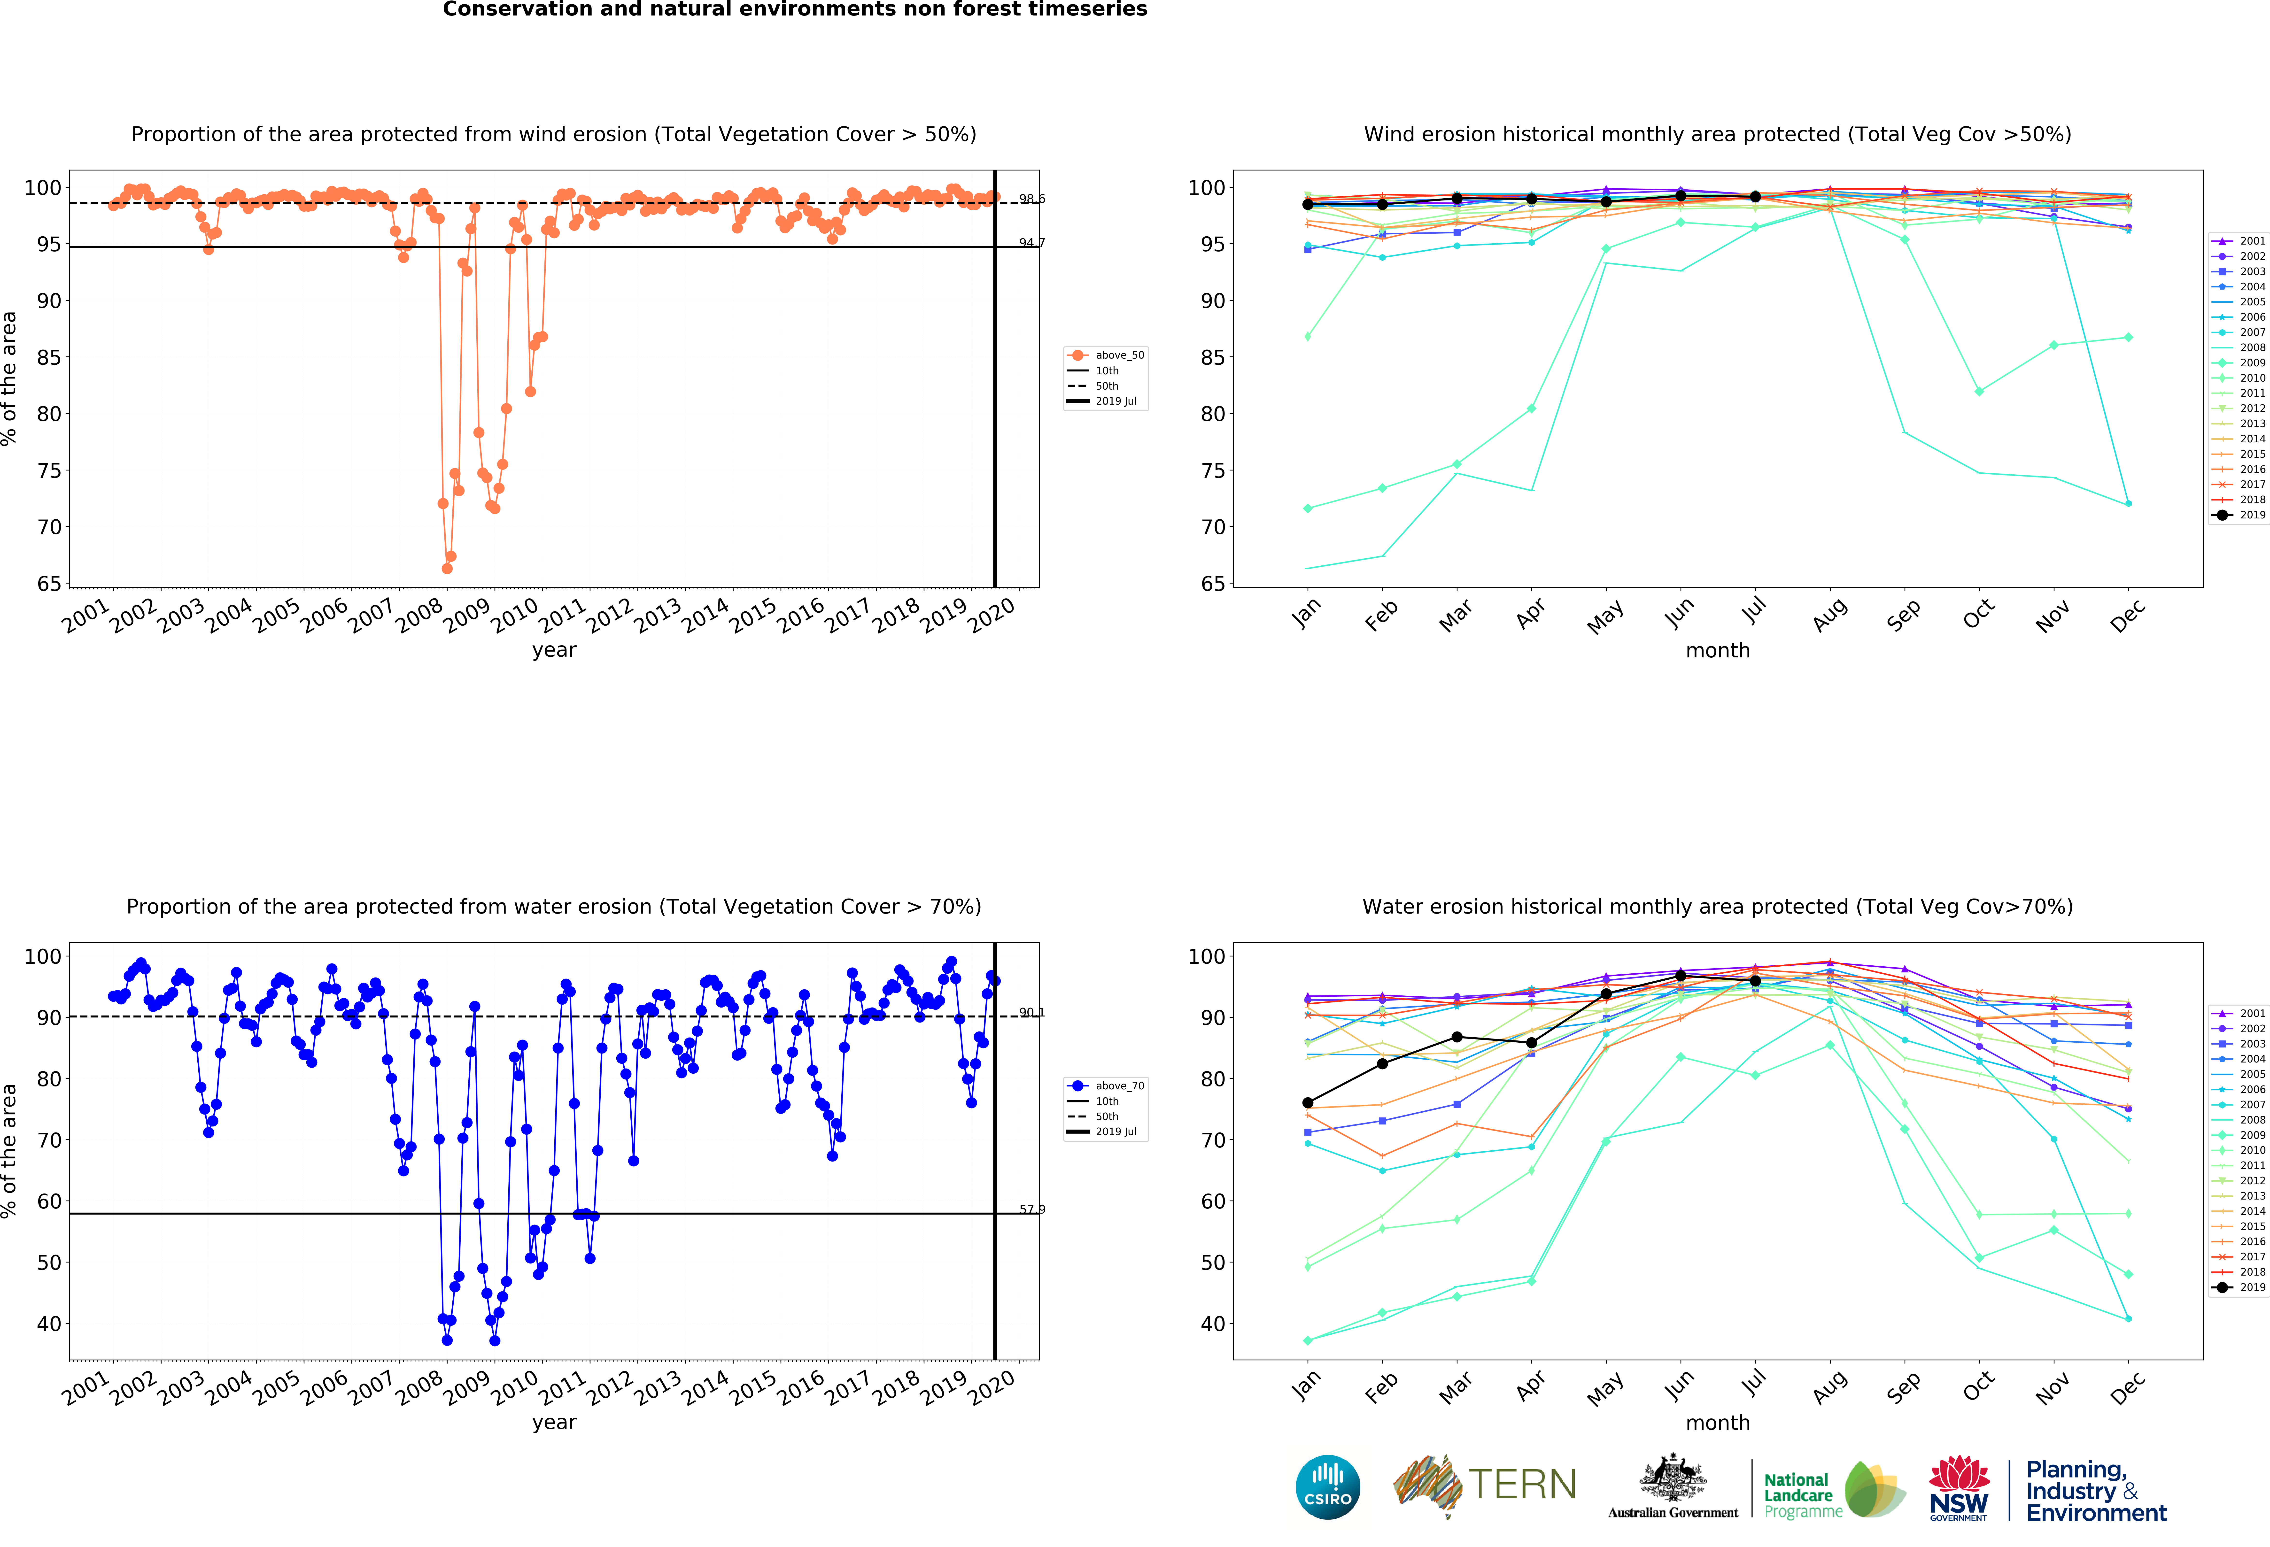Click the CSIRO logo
point(1327,1487)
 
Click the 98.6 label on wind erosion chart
point(1031,199)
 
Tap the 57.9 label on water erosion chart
point(1031,1209)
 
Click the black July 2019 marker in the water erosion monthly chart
point(1755,981)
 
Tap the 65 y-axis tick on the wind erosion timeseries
point(49,584)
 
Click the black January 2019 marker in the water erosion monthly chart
point(1308,1103)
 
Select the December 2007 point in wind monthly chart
point(2128,504)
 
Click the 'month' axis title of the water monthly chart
point(1717,1423)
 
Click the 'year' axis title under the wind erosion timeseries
point(554,650)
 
